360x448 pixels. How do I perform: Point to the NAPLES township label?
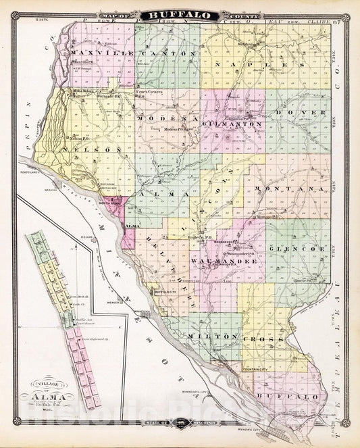261,63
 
